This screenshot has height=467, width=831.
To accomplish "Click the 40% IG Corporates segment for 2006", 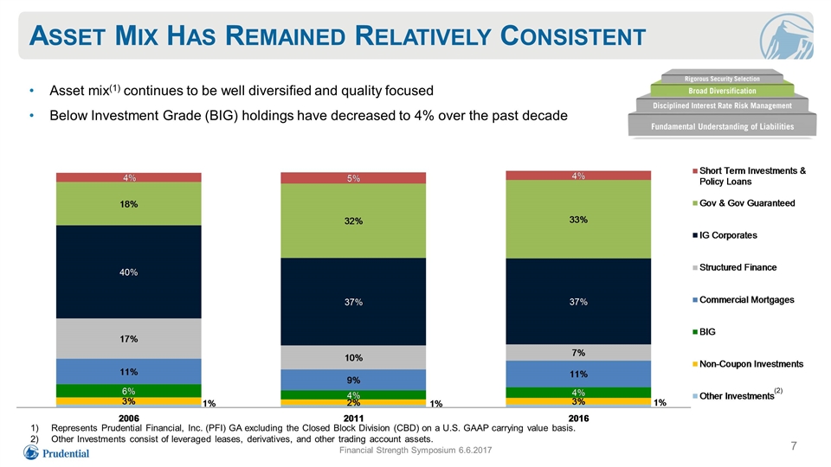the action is click(129, 272).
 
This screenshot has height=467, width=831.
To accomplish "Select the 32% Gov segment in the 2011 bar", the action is click(353, 221).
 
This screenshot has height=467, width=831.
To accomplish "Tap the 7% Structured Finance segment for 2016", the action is click(578, 353).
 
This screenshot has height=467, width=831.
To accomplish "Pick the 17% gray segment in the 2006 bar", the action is click(129, 339).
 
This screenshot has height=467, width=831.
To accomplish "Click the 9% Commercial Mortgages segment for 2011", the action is click(353, 380).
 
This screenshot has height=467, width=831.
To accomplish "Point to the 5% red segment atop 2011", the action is click(353, 178).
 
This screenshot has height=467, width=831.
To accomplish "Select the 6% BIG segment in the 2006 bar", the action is click(129, 391).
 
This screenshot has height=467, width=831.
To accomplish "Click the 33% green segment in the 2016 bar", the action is click(578, 219).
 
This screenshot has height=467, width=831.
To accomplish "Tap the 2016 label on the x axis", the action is click(578, 418).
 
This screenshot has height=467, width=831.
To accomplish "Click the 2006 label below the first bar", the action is click(129, 418).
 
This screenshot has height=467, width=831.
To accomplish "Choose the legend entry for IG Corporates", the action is click(725, 235).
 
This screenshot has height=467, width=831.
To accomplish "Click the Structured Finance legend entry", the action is click(735, 267).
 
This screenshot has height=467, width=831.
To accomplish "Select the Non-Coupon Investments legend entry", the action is click(748, 364).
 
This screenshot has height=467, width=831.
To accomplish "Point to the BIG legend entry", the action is click(704, 331).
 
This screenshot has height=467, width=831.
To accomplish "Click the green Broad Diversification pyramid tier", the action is click(722, 91).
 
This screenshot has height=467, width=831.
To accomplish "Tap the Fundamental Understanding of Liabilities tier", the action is click(722, 126).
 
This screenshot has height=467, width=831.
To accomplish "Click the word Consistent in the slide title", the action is click(572, 36).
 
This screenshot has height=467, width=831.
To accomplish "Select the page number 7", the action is click(794, 446).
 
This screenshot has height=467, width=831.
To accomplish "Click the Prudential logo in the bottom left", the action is click(56, 452).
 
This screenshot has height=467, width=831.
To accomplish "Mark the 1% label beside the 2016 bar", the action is click(660, 403).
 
